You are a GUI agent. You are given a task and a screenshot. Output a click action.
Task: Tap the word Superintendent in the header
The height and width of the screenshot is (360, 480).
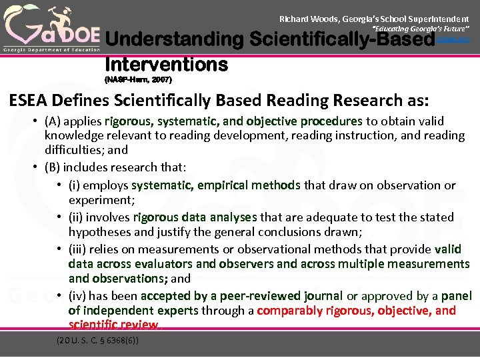[x=438, y=19]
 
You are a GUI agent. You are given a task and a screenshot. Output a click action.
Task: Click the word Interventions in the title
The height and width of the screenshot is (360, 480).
[x=166, y=64]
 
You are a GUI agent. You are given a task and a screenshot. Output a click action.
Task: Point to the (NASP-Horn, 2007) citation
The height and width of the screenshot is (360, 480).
[x=138, y=79]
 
